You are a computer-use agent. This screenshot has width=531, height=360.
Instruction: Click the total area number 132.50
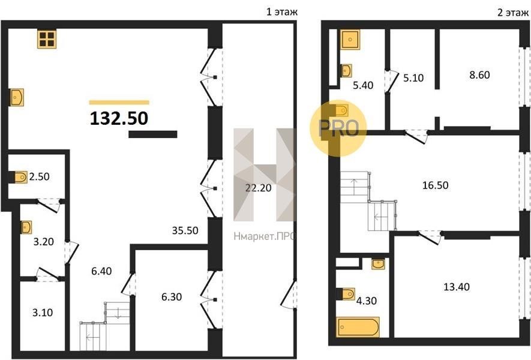coord(119,118)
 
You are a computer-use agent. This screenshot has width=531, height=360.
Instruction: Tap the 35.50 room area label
coord(185,230)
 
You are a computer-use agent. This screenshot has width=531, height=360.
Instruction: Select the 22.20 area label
coord(259,188)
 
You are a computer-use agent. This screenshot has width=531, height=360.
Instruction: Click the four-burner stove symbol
coord(47,39)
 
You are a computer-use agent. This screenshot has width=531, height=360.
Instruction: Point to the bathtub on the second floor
coord(358,327)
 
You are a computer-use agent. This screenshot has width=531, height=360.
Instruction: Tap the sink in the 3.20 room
coord(26,227)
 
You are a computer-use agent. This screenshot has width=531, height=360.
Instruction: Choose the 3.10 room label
coord(43,312)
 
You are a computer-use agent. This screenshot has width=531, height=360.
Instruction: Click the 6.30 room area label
coord(172,296)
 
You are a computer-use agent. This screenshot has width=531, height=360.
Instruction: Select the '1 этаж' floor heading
coord(282,12)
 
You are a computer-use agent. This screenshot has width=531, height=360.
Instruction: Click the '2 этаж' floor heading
coord(512,13)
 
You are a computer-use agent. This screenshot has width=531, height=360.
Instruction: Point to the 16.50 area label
coord(436,185)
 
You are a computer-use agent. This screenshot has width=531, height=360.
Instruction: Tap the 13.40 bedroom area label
coord(457,287)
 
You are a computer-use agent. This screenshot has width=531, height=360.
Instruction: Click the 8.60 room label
coord(479,75)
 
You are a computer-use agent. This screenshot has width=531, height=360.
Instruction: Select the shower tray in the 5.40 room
coord(350,39)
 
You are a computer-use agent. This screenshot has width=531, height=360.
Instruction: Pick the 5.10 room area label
coord(413,78)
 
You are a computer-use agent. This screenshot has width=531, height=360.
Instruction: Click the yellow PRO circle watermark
coord(338,128)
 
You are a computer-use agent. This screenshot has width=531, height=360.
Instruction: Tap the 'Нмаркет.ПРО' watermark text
coord(263,236)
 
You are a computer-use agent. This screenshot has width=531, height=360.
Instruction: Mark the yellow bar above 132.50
coord(119,102)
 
